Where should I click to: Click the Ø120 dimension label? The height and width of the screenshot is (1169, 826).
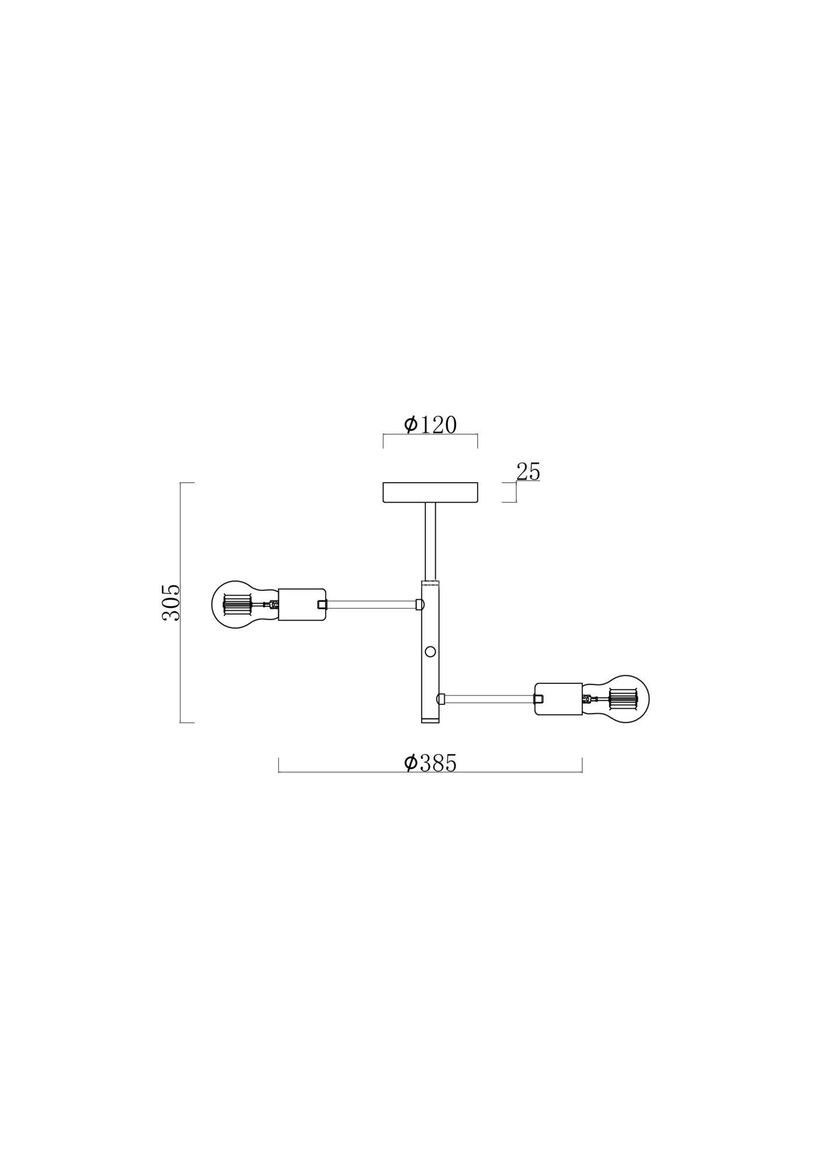430,425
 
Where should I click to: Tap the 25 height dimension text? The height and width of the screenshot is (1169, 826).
528,472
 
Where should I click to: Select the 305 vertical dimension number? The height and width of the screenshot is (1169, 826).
171,602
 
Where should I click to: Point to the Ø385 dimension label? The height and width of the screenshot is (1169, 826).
430,763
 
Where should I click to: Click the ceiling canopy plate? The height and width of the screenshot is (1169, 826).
430,493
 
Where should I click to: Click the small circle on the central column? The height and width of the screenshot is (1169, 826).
430,651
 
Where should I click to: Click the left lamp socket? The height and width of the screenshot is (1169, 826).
302,604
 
